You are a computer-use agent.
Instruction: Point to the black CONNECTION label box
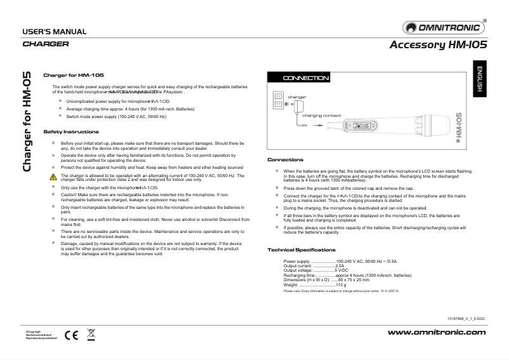(306, 78)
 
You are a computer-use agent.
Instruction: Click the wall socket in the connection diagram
(277, 102)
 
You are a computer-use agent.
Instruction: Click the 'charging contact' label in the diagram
(321, 116)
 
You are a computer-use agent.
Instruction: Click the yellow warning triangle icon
(53, 177)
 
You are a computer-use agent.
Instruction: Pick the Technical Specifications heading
(301, 232)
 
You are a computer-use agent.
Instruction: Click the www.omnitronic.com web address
(436, 332)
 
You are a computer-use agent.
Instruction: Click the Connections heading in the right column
(285, 159)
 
